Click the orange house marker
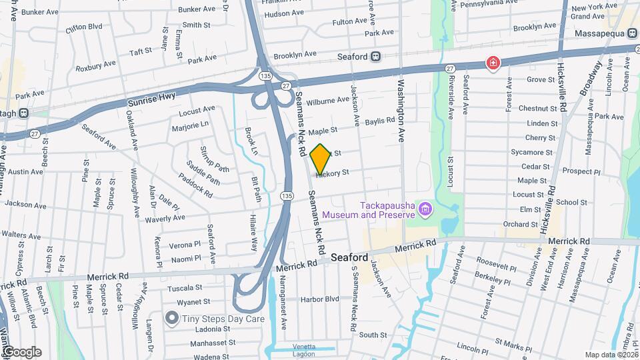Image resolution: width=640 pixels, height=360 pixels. tap(320, 158)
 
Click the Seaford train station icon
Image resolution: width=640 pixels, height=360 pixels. tap(376, 57)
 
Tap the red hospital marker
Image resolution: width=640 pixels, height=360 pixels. tap(493, 63)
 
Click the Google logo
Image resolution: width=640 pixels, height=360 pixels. tap(21, 352)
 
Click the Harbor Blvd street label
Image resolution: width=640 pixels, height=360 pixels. tap(319, 299)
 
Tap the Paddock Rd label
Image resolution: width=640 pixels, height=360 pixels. tap(195, 185)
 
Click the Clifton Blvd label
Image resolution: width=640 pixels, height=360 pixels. tap(83, 28)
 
